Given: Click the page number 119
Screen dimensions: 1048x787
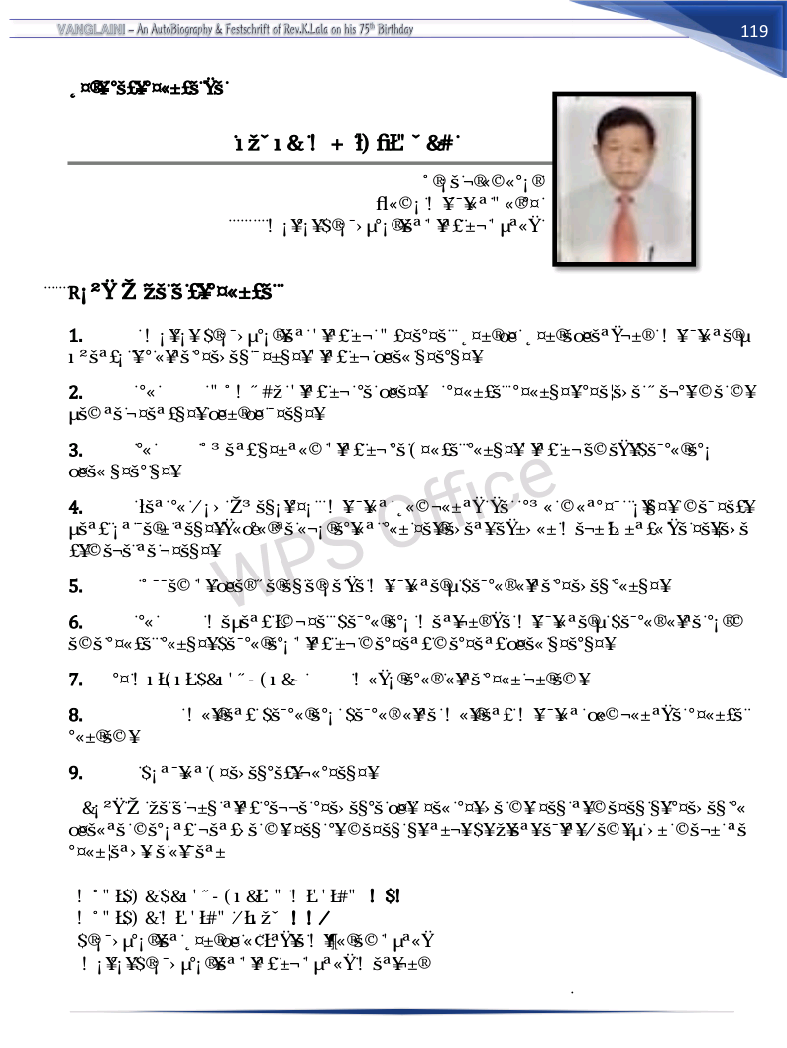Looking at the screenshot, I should pyautogui.click(x=754, y=31).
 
